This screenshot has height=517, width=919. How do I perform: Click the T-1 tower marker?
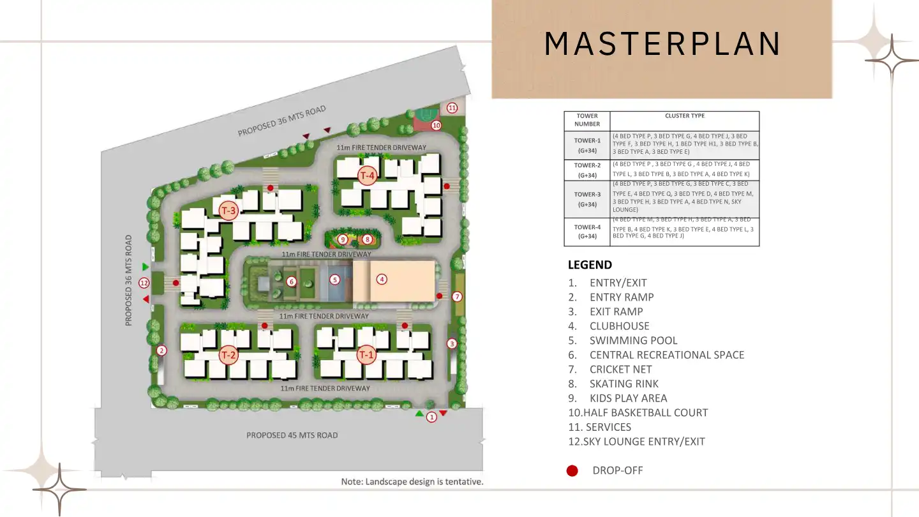366,354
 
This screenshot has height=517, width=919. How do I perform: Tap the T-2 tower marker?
229,354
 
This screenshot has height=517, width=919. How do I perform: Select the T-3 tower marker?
228,211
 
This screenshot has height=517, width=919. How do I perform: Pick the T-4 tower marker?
367,176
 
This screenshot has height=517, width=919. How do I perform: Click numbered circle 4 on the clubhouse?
382,279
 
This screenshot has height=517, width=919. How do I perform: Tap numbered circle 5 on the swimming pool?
334,280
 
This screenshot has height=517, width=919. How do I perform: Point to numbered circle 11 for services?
452,107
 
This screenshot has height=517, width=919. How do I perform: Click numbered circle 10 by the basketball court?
436,125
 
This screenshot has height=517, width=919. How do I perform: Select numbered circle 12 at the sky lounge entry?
144,283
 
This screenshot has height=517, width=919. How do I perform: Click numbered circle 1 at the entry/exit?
431,417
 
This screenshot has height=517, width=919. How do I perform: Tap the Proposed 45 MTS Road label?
292,435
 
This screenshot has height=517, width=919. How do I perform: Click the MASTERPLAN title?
662,43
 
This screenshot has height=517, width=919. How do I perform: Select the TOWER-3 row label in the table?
587,199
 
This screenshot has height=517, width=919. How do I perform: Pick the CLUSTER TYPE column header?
684,116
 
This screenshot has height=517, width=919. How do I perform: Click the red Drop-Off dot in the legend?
572,471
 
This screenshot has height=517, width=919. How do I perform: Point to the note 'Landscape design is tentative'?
412,482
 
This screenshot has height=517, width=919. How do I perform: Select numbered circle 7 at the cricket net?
457,297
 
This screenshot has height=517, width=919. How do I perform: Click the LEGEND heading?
590,265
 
